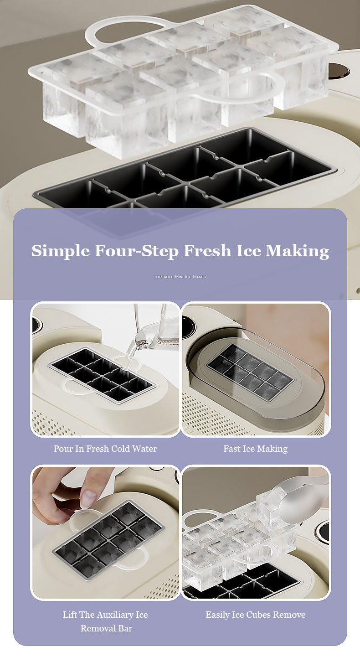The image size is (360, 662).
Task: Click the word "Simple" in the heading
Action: point(61,251)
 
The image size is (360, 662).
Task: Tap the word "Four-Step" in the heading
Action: point(136,251)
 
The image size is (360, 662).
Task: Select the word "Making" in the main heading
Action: point(297,251)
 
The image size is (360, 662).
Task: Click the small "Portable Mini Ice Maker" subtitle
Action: point(180,277)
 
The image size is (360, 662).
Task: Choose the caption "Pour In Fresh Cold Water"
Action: point(105,449)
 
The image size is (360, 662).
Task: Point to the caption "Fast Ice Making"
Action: point(256,449)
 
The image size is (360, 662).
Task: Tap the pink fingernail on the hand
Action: point(88,499)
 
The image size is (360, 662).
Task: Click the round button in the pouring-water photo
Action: point(36,325)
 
